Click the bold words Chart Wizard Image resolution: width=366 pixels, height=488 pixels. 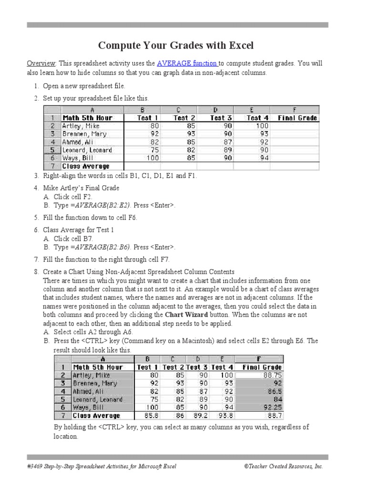[186, 315]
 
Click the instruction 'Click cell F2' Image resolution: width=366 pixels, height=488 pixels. [73, 197]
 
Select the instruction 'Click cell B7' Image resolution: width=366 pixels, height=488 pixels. [73, 239]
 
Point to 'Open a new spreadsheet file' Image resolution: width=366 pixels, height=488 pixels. [84, 86]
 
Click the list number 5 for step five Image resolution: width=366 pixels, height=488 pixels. [36, 218]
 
